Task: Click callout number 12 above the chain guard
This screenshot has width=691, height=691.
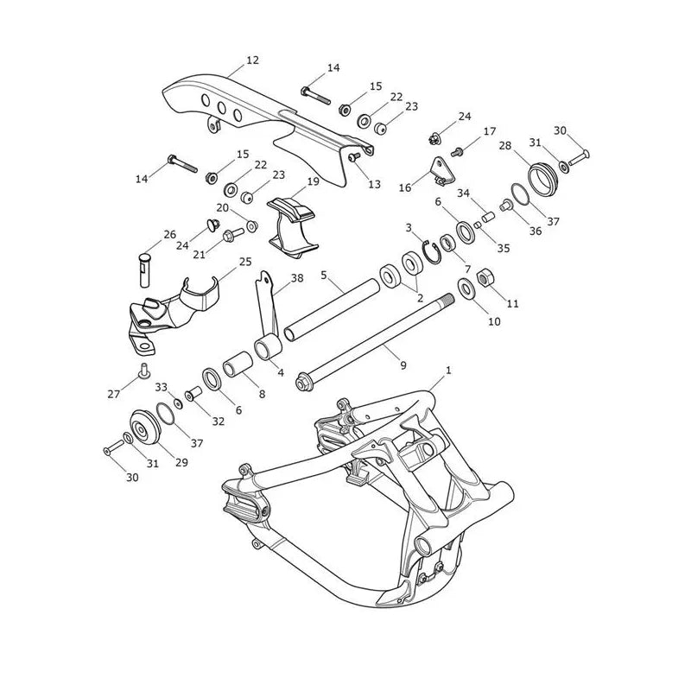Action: coord(252,60)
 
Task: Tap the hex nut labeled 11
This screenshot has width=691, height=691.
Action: coord(486,277)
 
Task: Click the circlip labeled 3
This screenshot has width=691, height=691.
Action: coord(431,252)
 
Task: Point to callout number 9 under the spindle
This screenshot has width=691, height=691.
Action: coord(403,365)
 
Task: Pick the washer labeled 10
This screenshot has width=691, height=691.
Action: coord(466,288)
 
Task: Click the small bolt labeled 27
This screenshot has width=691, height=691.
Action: coord(144,371)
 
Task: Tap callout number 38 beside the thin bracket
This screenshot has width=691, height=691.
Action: coord(297,278)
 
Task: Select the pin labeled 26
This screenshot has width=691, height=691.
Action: coord(144,270)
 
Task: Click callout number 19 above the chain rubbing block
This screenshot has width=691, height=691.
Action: coord(313,181)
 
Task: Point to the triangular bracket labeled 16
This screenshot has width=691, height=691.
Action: coord(442,170)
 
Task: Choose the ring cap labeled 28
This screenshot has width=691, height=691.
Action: coord(543,178)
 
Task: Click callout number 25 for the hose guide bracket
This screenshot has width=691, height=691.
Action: coord(245,262)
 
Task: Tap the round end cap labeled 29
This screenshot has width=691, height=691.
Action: coord(143,428)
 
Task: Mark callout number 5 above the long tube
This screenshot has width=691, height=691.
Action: coord(324,276)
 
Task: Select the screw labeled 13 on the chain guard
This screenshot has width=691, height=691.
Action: coord(355,157)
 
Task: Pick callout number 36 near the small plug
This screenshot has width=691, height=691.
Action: coord(536,231)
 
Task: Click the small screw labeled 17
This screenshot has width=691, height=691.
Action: coord(456,153)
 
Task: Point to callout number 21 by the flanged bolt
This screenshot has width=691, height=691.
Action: coord(200,254)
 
